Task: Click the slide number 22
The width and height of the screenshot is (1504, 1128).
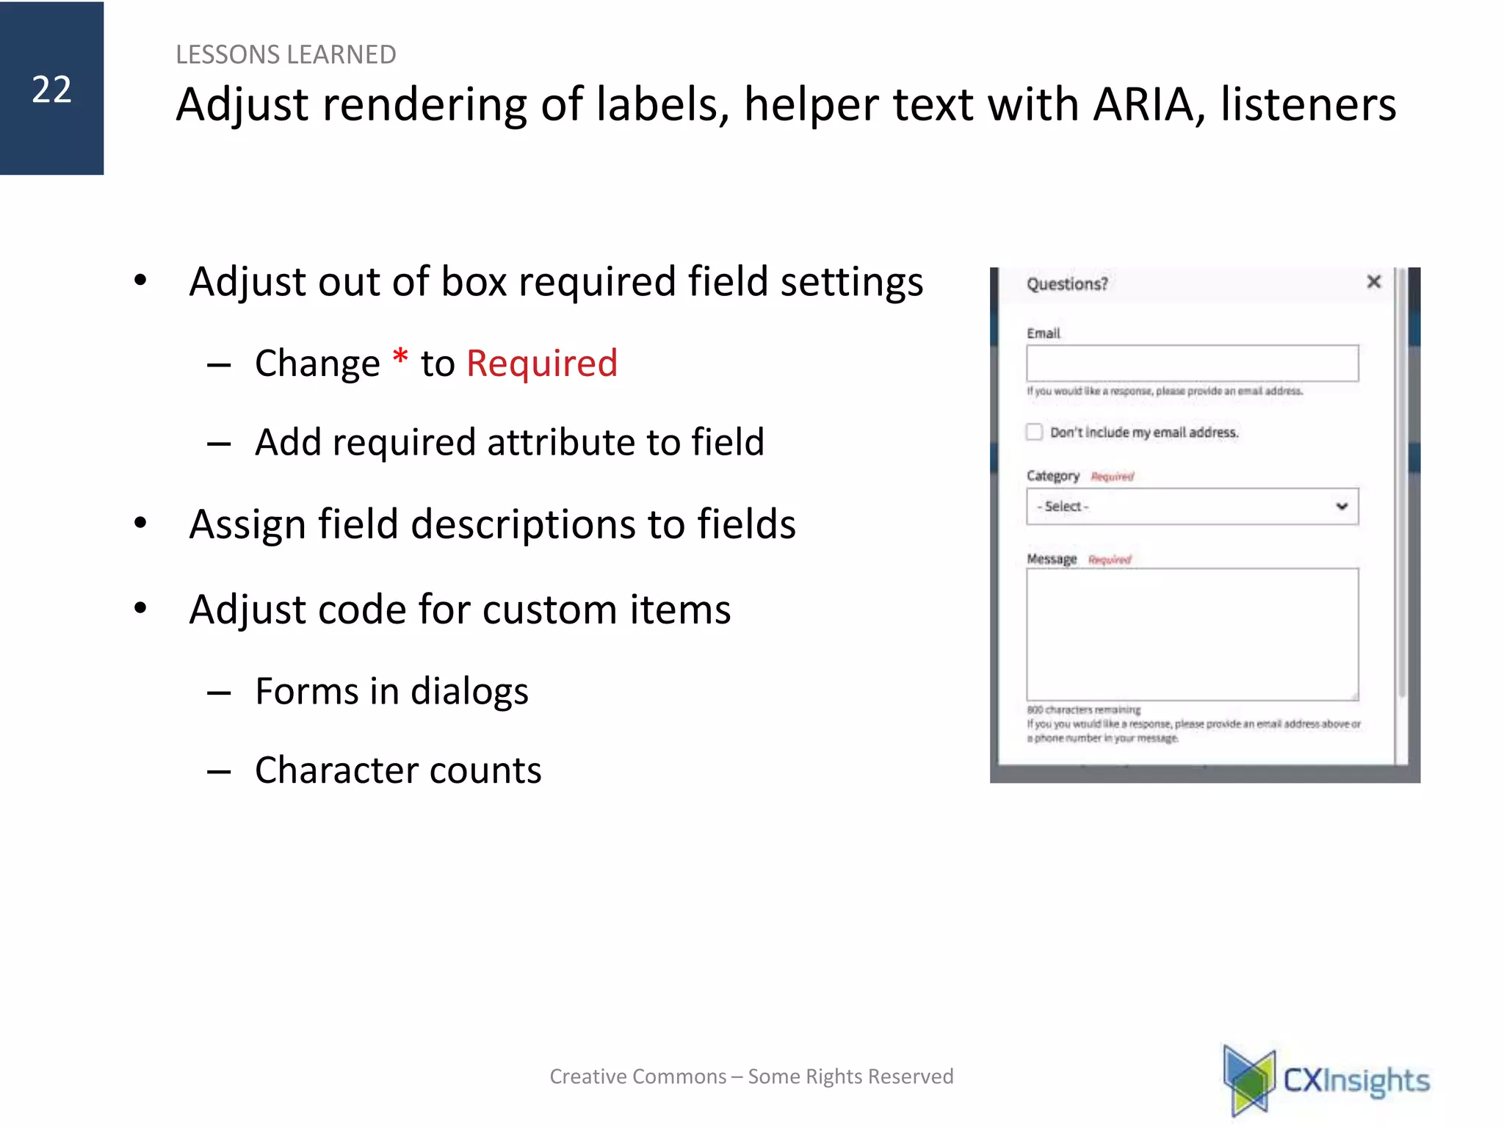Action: click(51, 90)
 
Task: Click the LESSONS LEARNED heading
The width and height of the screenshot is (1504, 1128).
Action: click(286, 55)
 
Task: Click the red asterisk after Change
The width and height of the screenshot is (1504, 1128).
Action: click(400, 359)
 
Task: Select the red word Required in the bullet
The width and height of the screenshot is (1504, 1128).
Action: click(542, 364)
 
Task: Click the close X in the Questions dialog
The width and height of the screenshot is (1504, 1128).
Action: click(1373, 282)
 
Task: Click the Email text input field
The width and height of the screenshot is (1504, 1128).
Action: click(1192, 364)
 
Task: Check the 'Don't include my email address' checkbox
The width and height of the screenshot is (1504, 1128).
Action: click(1035, 432)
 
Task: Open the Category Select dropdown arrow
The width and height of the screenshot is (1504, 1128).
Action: click(1342, 506)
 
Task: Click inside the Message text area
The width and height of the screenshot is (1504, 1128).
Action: click(1192, 634)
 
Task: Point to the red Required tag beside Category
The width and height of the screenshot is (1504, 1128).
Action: click(1112, 477)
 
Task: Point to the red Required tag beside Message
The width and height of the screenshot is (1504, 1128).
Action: click(1110, 560)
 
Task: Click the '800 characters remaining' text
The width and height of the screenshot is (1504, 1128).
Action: click(1083, 710)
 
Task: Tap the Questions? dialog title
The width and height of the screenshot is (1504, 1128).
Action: click(1067, 284)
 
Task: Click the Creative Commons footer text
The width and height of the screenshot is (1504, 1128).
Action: click(751, 1077)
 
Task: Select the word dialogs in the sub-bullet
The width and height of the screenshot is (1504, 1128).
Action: click(469, 692)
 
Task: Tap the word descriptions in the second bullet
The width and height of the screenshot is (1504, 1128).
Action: click(523, 525)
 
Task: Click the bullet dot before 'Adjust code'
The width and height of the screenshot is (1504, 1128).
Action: click(140, 608)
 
